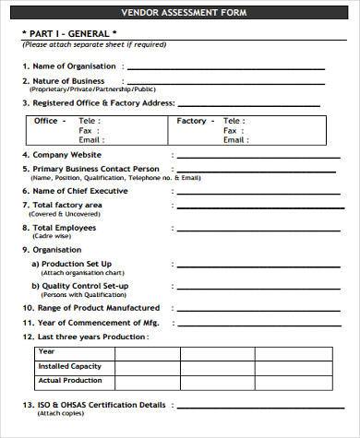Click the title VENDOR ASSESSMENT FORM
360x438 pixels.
pos(179,13)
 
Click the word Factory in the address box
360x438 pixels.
pos(192,121)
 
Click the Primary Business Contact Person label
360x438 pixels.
pos(95,170)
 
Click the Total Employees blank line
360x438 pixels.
pos(249,228)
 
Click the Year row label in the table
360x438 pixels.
pos(46,351)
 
